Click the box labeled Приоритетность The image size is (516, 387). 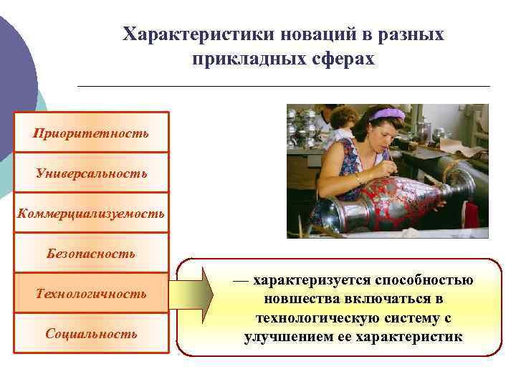(x=91, y=133)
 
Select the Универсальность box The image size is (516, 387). (x=91, y=173)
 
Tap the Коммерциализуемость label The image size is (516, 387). (x=91, y=213)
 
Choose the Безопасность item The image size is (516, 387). (x=91, y=253)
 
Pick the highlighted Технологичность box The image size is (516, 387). (x=91, y=293)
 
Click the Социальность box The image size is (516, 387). (x=91, y=333)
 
